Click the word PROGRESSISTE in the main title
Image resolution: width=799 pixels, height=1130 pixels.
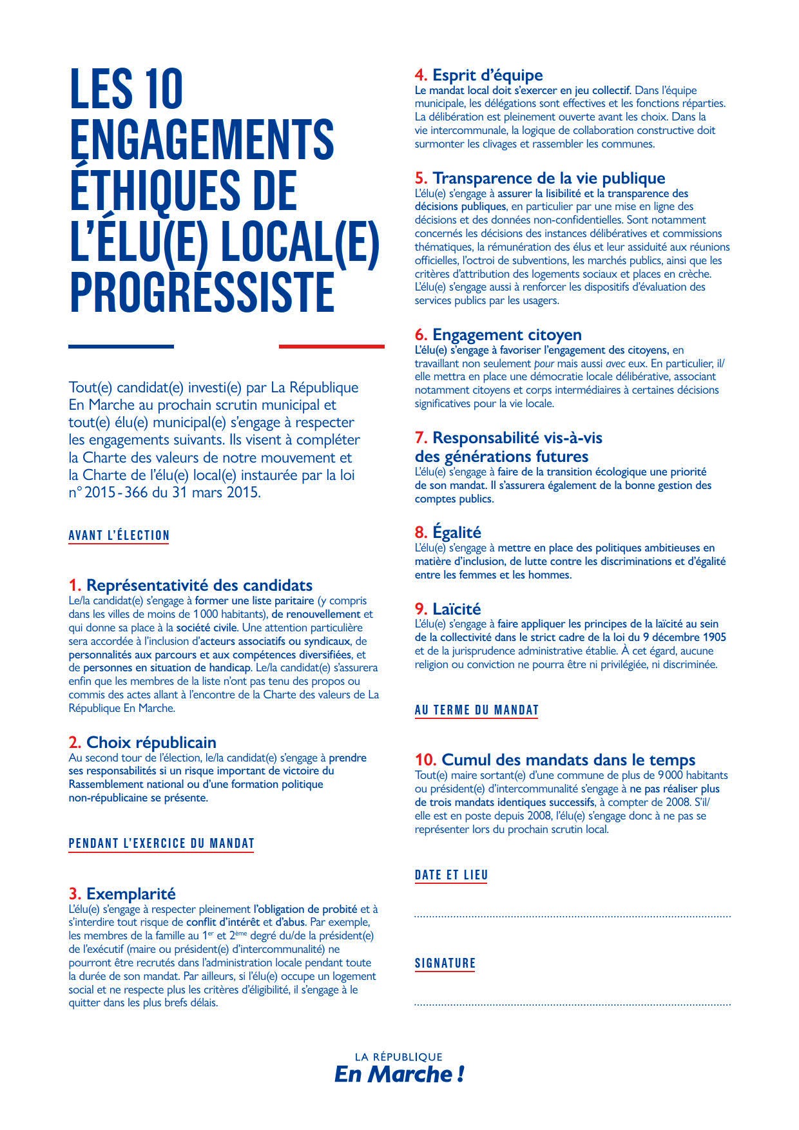tap(202, 292)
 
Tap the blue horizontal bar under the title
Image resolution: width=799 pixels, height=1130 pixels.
tap(121, 347)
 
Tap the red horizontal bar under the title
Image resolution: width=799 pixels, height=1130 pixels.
tap(331, 347)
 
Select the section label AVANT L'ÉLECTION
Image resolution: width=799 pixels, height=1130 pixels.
tap(119, 535)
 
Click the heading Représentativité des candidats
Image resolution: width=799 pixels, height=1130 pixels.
tap(199, 585)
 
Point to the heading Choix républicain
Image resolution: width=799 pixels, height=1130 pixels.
tap(151, 742)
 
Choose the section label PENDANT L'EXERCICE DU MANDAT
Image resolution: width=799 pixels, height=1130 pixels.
tap(162, 843)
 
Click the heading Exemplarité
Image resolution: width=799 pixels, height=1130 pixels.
tap(131, 894)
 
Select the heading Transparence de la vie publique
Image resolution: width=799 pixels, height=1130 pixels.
tap(548, 178)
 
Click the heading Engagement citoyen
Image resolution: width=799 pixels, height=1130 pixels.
tap(506, 334)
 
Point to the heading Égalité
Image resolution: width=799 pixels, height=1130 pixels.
tap(456, 532)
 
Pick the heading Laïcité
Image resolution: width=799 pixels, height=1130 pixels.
tap(456, 609)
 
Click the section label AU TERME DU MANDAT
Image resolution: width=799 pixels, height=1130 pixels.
tap(477, 710)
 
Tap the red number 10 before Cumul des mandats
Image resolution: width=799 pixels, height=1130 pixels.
tap(426, 760)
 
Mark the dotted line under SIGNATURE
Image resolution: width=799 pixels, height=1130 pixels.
tap(572, 1004)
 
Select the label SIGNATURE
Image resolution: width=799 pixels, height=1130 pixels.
tap(445, 963)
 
